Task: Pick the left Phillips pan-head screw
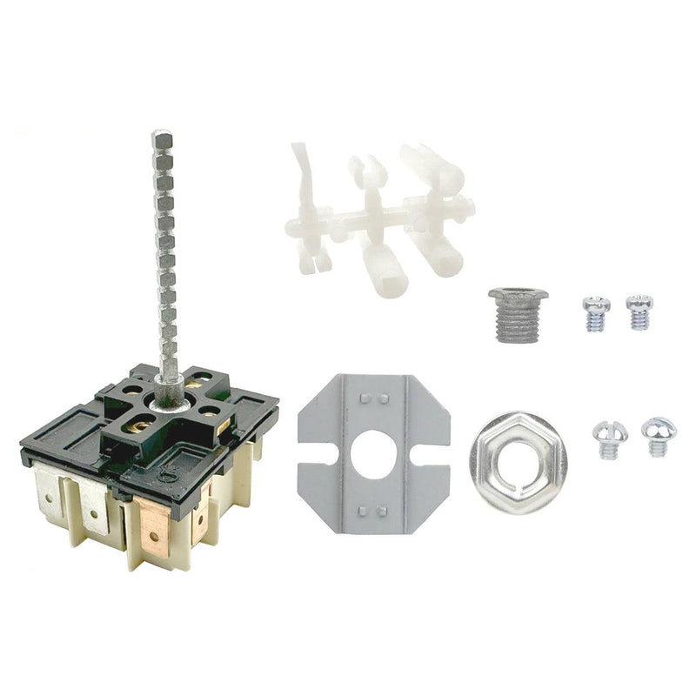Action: coord(594,311)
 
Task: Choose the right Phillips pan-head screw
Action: coord(639,310)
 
